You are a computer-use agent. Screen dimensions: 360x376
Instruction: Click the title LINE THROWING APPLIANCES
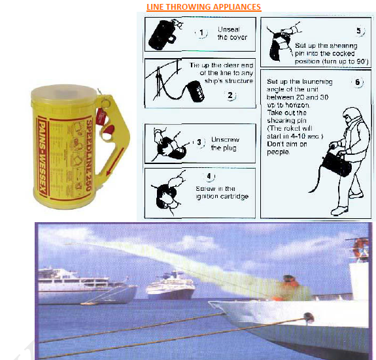204,7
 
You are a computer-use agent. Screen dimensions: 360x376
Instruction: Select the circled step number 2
230,95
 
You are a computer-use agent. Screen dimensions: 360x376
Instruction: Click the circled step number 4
209,176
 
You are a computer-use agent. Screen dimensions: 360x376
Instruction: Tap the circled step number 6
357,82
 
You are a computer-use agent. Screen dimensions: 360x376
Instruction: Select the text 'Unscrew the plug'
224,144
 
